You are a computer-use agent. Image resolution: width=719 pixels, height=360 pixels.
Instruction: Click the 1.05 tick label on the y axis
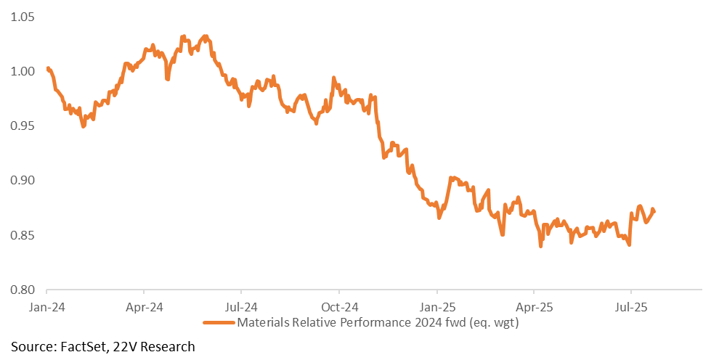tap(22, 17)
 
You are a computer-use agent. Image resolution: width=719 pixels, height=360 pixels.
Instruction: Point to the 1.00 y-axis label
tap(22, 71)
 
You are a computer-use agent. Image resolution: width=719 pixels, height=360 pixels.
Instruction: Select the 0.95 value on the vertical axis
tap(22, 126)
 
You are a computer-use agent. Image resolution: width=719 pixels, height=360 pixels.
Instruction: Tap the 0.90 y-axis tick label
tap(22, 181)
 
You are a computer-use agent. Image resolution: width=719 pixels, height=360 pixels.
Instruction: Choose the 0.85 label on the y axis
tap(22, 235)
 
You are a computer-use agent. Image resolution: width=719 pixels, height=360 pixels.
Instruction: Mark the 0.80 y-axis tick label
tap(22, 290)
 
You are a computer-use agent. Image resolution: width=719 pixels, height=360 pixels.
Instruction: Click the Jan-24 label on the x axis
tap(46, 307)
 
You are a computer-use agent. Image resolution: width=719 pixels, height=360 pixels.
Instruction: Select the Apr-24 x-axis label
tap(144, 307)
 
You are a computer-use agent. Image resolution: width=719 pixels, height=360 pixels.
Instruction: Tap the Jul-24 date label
tap(241, 307)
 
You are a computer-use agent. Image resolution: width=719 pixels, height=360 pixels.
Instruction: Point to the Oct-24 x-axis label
tap(339, 307)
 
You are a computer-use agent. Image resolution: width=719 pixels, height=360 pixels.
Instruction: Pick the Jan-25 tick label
tap(437, 307)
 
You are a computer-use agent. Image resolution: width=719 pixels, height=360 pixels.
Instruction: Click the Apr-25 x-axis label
tap(535, 307)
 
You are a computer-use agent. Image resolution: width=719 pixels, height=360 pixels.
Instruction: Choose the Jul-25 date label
tap(631, 307)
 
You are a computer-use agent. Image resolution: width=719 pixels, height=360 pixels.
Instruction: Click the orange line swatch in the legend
tap(219, 323)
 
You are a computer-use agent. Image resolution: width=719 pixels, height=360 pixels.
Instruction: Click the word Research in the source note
tap(167, 347)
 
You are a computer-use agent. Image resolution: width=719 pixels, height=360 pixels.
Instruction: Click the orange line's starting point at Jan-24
tap(48, 68)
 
